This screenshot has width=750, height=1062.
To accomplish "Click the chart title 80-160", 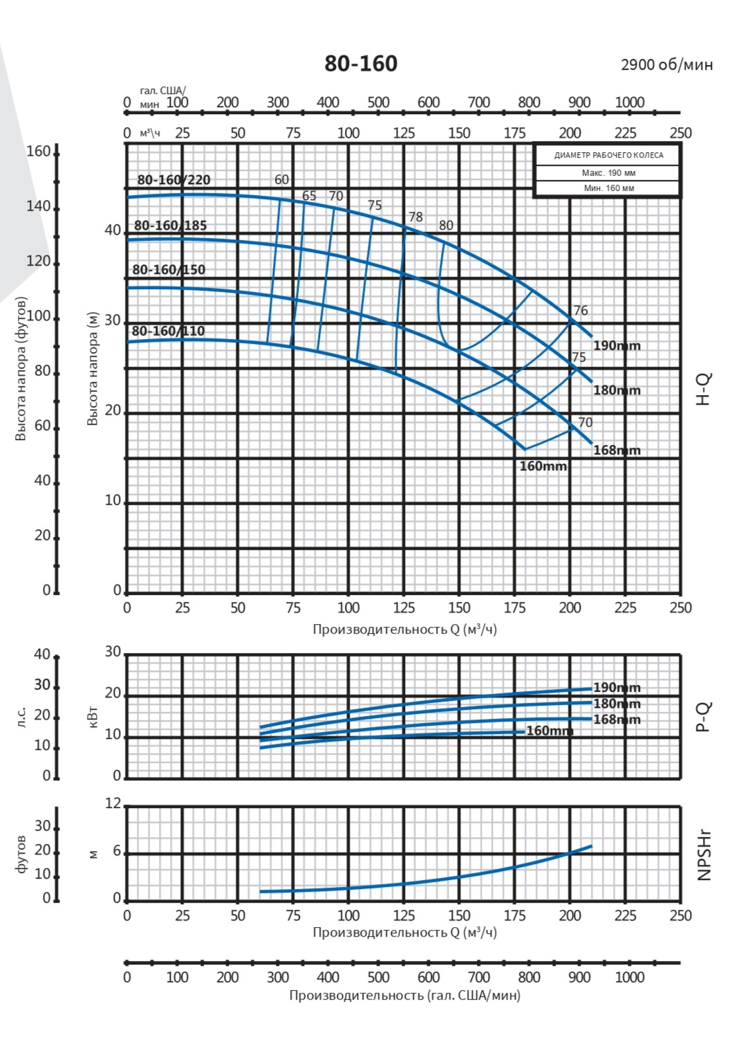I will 361,64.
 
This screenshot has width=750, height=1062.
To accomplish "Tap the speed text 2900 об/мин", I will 666,65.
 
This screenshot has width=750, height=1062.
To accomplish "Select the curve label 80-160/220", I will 174,180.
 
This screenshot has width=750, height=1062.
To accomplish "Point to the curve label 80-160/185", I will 170,226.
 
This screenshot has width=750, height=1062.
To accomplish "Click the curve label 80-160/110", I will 168,331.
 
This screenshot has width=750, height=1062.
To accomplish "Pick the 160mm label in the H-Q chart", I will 543,466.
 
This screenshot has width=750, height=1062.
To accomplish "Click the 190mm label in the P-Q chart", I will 617,688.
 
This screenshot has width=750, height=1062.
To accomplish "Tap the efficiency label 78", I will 415,217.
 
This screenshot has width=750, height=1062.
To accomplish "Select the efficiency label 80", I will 447,226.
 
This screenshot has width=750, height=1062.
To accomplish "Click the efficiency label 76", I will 581,311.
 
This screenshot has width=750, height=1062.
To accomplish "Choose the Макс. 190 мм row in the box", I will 608,173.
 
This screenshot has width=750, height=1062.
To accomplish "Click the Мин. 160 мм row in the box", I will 608,188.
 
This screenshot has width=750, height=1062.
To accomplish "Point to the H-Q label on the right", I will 703,389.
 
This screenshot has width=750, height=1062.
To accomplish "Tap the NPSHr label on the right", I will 704,856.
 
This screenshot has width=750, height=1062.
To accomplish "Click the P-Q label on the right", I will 703,716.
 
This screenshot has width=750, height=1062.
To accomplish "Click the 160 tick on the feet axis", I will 38,152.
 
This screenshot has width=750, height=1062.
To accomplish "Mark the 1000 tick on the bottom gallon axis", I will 629,978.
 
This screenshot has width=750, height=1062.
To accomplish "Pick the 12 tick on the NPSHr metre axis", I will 113,804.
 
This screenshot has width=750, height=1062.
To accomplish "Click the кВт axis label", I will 94,717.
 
